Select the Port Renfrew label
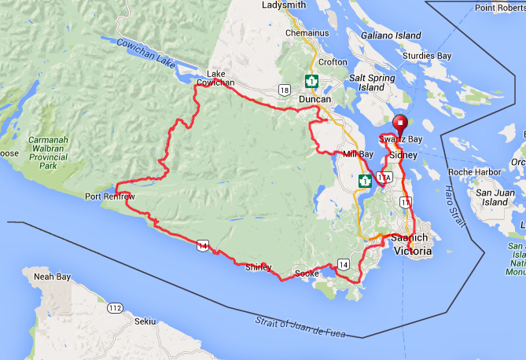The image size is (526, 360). point(109,197)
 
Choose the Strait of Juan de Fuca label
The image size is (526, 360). point(300,328)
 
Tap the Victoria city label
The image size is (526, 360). point(413,252)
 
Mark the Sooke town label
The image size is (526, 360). point(306,273)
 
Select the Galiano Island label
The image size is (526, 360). point(392,36)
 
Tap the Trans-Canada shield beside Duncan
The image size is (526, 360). point(311,81)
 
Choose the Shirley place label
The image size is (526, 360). point(258,267)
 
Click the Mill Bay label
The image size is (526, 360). point(357,154)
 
